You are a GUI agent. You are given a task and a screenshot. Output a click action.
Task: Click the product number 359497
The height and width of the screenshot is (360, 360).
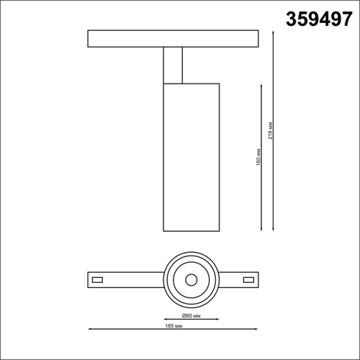click(312, 19)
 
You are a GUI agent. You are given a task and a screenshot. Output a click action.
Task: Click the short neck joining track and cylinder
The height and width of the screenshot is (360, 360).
click(174, 65)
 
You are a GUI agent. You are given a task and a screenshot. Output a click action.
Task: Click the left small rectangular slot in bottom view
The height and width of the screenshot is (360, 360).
click(99, 278)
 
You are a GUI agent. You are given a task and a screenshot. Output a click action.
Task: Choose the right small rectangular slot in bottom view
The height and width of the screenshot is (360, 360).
click(248, 278)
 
